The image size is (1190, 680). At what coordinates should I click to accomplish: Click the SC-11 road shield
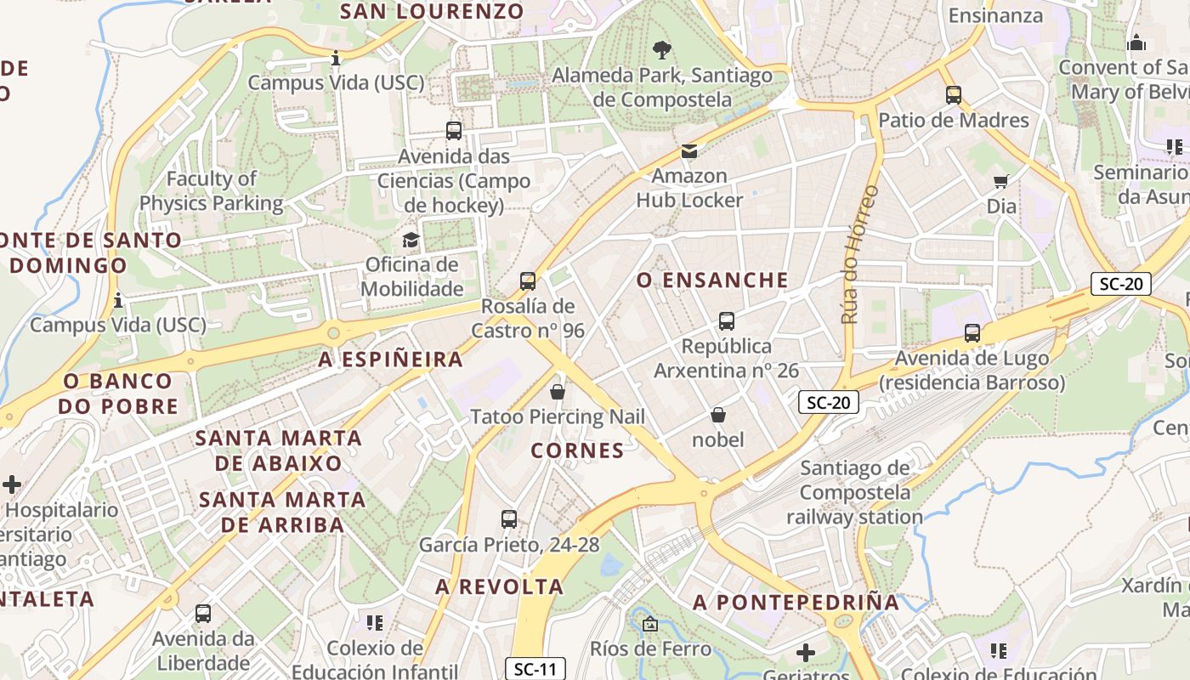(535, 669)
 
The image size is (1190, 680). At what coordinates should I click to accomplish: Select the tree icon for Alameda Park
(661, 49)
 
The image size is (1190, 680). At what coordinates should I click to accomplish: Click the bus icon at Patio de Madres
(954, 95)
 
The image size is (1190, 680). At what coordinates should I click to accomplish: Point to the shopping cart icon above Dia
(1001, 181)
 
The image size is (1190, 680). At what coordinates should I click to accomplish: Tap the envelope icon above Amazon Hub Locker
(689, 151)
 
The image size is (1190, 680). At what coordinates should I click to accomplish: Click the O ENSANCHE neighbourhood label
(712, 280)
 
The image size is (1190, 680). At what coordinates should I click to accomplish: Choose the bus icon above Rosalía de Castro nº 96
(528, 280)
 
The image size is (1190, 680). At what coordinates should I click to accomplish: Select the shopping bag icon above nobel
(718, 415)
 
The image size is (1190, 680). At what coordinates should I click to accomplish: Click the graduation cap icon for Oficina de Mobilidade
(411, 240)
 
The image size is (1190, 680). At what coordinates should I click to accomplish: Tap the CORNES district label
(577, 450)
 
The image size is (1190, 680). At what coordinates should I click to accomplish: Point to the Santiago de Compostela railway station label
(854, 492)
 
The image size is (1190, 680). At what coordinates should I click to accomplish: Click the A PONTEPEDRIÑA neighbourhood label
(796, 603)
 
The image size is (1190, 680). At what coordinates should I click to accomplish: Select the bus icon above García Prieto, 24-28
(509, 518)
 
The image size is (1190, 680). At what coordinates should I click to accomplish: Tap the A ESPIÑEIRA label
(391, 360)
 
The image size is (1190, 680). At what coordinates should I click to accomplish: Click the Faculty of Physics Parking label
(211, 191)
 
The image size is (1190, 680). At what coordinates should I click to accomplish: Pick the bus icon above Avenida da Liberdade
(203, 613)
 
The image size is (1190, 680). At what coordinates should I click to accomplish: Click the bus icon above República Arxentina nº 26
(727, 320)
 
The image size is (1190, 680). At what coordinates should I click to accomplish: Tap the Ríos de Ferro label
(651, 649)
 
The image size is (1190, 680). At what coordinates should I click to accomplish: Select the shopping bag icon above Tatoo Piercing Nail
(558, 392)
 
